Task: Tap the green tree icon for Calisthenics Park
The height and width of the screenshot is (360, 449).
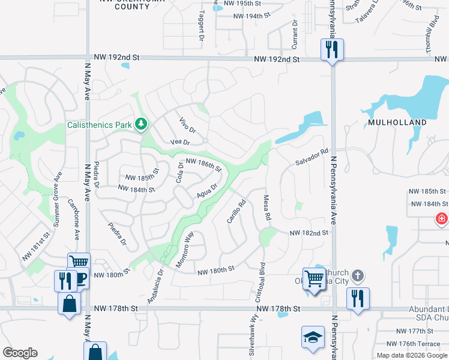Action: pos(142,124)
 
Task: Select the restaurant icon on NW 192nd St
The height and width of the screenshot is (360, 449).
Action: pos(332,50)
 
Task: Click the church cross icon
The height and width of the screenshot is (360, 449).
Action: pos(357,275)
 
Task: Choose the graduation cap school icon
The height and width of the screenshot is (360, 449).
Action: pos(313,337)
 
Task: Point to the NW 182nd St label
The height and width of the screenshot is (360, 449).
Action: pos(310,232)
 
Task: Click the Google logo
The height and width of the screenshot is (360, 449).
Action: pos(20,353)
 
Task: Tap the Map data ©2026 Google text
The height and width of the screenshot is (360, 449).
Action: pos(412,355)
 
